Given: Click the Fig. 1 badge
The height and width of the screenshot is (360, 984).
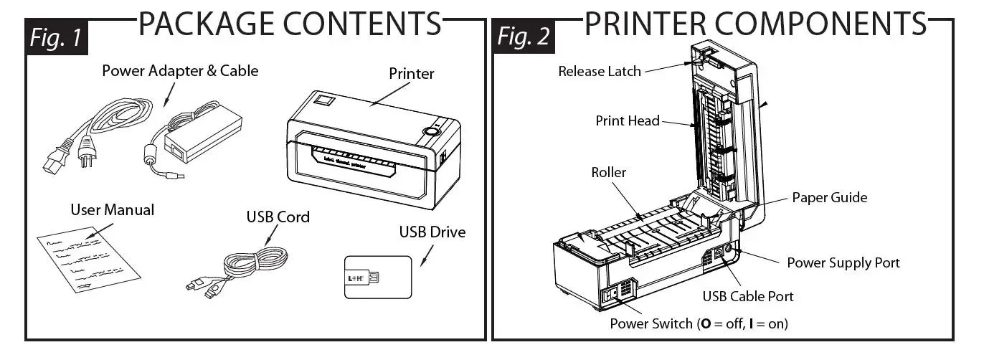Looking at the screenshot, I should [x=57, y=38].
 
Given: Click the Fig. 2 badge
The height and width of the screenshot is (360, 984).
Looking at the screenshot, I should [x=524, y=38].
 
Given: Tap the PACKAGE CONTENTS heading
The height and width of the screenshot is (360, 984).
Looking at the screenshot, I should [x=290, y=23].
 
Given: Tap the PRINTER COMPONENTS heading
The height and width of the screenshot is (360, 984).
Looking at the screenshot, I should [x=756, y=23].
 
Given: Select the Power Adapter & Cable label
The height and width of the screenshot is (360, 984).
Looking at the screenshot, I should [x=180, y=71].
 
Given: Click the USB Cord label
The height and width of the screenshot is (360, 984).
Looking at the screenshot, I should [x=278, y=217].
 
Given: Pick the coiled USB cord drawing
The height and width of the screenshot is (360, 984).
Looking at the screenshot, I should [x=247, y=270].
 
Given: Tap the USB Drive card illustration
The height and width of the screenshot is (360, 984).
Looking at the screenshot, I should [x=377, y=277].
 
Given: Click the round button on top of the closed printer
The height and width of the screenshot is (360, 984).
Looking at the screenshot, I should [x=432, y=131].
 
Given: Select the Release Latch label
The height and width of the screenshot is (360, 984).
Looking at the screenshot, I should [x=600, y=71].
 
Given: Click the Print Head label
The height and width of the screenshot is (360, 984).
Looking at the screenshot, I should [x=628, y=120].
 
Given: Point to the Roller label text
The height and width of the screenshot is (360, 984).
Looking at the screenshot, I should [x=609, y=173].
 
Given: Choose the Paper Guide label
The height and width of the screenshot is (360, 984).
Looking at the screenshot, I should [x=830, y=197].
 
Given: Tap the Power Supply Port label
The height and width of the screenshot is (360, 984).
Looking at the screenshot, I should [x=843, y=262].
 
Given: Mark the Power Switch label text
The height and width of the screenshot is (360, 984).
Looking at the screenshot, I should [x=699, y=323].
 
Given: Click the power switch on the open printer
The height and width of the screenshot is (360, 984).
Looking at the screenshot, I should [x=612, y=294].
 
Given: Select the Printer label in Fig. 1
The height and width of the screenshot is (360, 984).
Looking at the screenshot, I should [x=411, y=73].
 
